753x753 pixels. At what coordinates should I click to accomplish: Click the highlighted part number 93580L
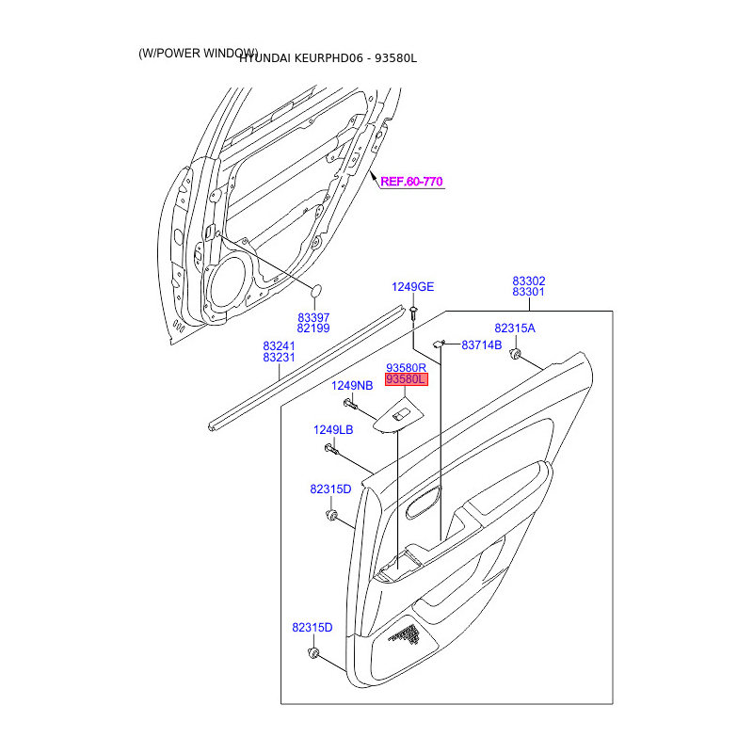[407, 378]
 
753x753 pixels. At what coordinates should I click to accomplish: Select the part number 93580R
[407, 367]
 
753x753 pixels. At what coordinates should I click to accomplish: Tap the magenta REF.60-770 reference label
[411, 181]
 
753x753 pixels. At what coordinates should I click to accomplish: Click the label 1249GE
[413, 287]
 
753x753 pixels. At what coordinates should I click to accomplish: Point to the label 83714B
[481, 345]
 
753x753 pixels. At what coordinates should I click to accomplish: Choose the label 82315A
[515, 328]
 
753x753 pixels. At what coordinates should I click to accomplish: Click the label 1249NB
[352, 386]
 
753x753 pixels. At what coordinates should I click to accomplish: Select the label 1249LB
[333, 430]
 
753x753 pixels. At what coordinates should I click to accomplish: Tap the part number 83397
[313, 316]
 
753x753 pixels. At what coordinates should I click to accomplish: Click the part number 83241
[279, 345]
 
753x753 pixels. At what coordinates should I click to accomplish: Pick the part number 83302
[529, 280]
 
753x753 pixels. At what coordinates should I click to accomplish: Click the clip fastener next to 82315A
[516, 353]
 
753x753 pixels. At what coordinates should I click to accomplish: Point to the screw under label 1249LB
[330, 448]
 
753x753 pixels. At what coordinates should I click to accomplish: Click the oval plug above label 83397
[317, 291]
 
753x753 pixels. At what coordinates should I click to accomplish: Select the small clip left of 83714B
[440, 344]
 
